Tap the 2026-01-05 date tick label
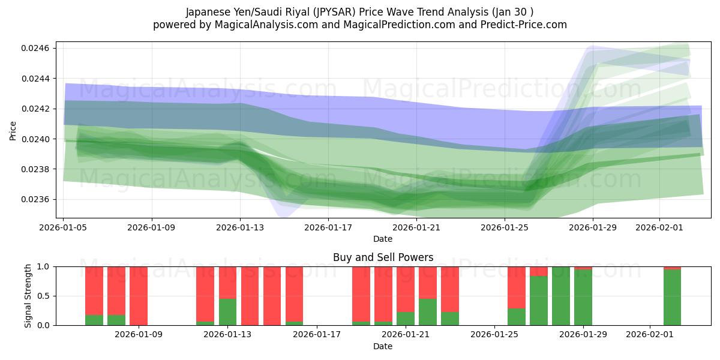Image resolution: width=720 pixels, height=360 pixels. [64, 227]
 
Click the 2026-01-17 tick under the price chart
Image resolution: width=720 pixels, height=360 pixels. [328, 227]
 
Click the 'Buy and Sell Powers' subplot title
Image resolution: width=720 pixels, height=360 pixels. [383, 257]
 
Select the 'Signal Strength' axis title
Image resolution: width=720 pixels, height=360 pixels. [28, 296]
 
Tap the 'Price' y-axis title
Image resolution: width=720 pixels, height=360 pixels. [13, 130]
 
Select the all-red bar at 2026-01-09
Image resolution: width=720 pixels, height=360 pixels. [139, 296]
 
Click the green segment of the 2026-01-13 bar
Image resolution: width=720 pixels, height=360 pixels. [227, 312]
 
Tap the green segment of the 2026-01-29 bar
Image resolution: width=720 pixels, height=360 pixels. [583, 298]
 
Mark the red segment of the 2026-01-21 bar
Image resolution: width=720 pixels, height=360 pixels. [406, 289]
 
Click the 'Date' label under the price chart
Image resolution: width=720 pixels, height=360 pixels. [383, 239]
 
